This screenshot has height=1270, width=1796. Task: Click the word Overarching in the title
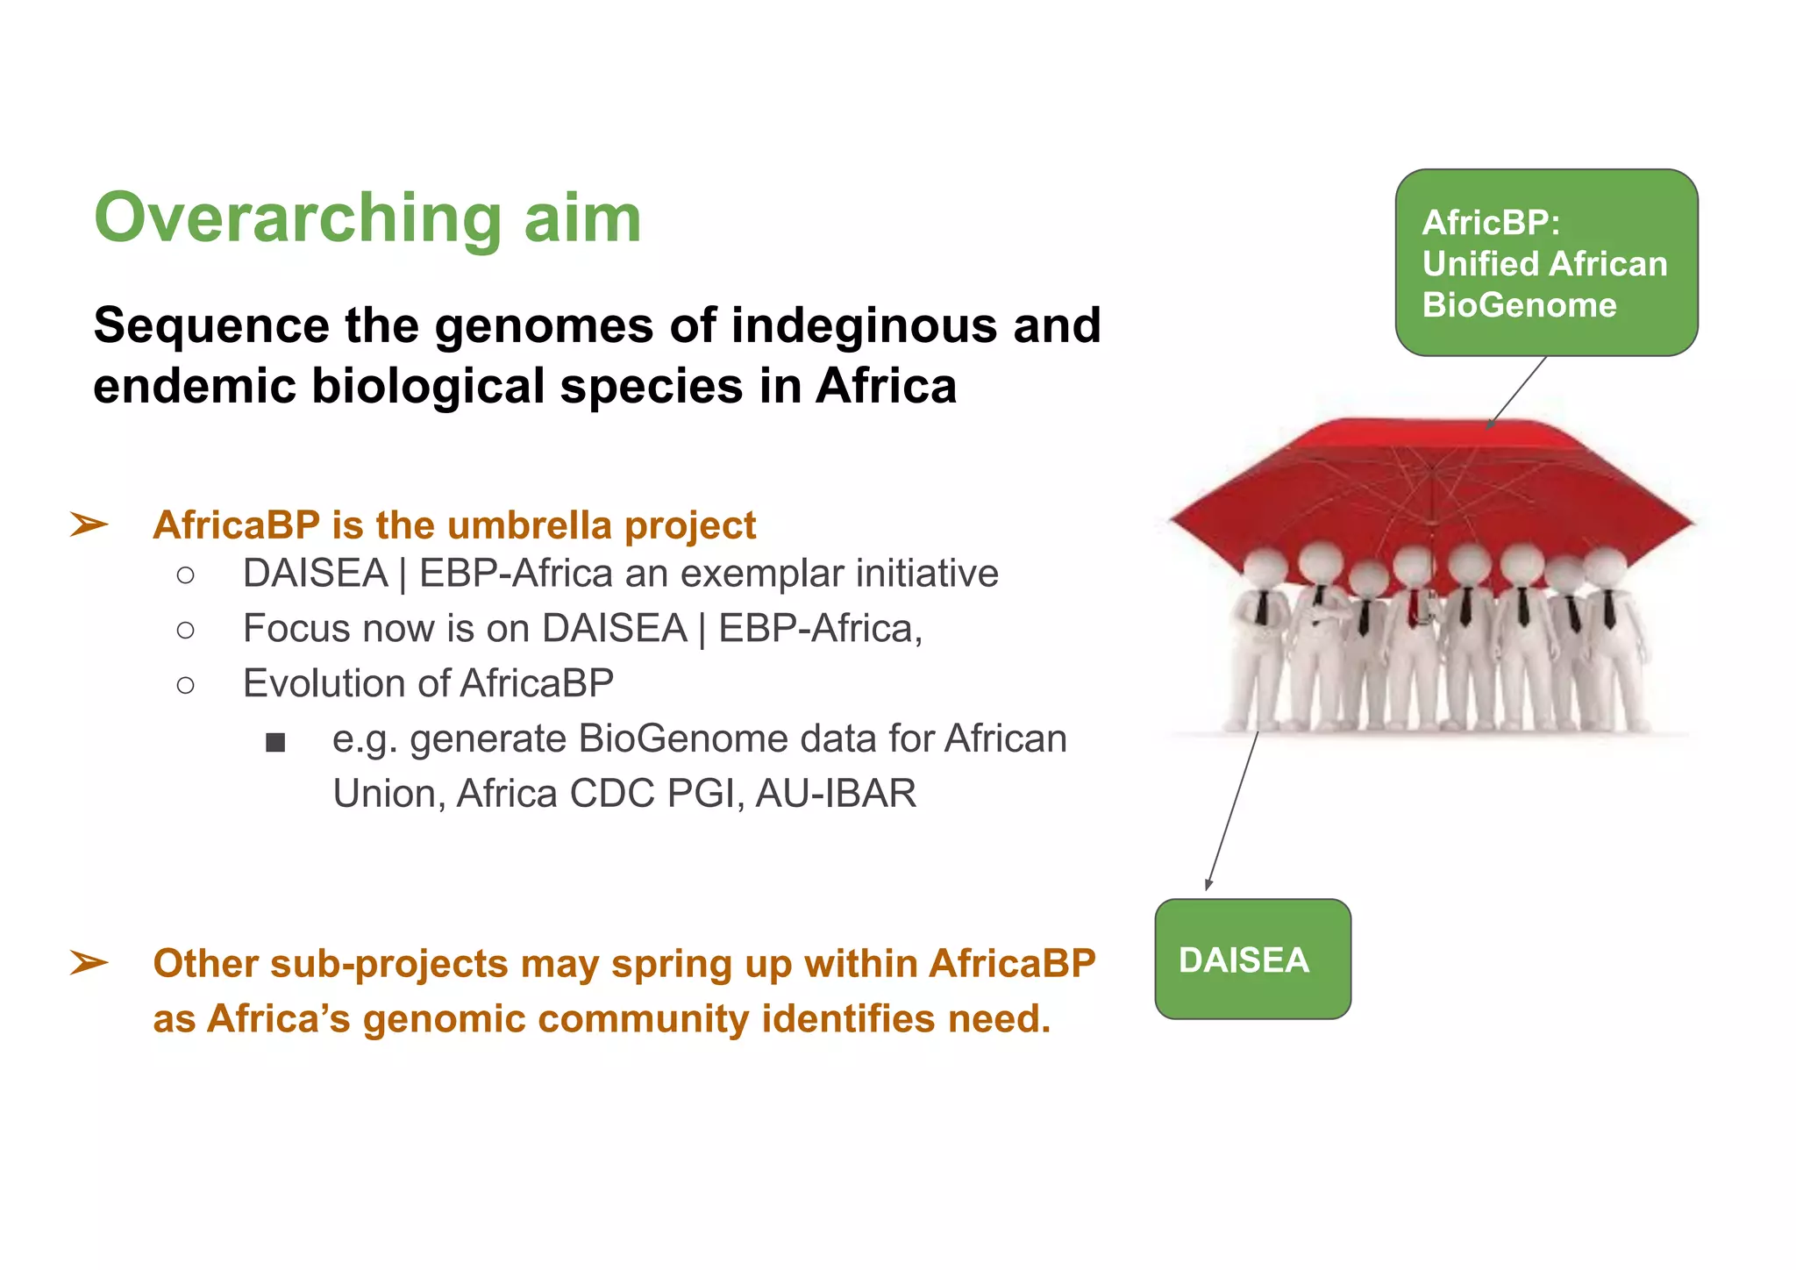pyautogui.click(x=297, y=219)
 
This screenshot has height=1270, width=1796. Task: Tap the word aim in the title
pyautogui.click(x=582, y=219)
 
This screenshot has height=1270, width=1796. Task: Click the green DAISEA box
pyautogui.click(x=1252, y=960)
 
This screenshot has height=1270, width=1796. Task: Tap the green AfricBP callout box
pyautogui.click(x=1546, y=262)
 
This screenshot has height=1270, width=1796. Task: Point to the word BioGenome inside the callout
pyautogui.click(x=1519, y=305)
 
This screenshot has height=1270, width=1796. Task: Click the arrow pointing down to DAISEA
pyautogui.click(x=1232, y=811)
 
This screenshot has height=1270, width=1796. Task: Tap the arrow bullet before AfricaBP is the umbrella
pyautogui.click(x=89, y=525)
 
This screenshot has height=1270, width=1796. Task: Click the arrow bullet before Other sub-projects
pyautogui.click(x=89, y=963)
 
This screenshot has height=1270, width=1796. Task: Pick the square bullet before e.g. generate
pyautogui.click(x=275, y=743)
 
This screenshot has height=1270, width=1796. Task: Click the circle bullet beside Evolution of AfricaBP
pyautogui.click(x=185, y=685)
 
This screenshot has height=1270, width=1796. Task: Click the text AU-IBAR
pyautogui.click(x=835, y=794)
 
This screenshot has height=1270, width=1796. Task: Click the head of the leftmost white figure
pyautogui.click(x=1264, y=569)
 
